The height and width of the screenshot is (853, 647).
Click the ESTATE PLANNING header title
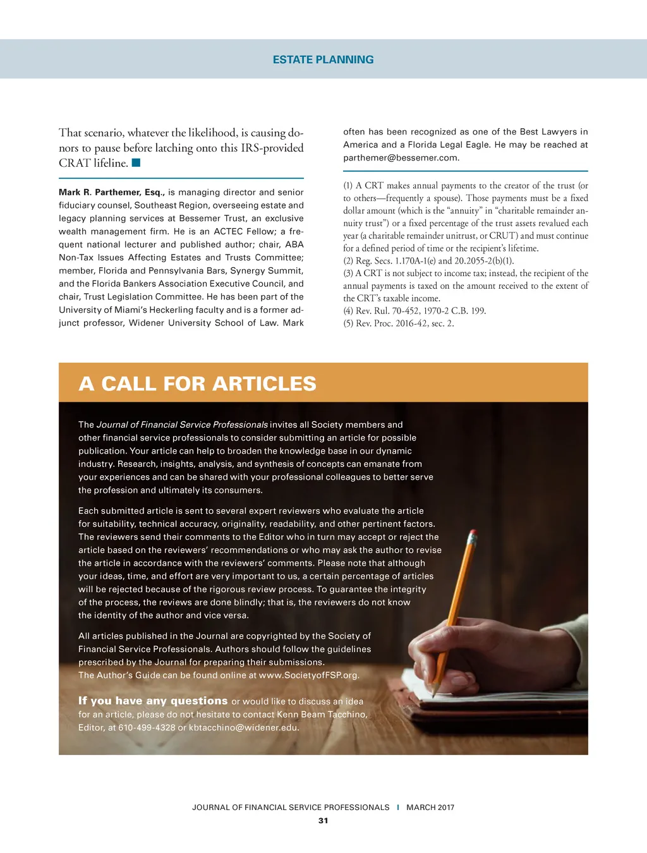tap(323, 59)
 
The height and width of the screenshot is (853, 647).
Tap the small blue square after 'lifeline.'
tap(136, 163)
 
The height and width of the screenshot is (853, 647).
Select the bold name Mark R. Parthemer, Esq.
tap(112, 192)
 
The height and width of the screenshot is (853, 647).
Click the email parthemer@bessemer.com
tap(401, 158)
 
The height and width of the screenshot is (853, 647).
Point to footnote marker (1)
tap(348, 186)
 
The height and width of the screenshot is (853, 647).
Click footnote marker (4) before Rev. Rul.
tap(348, 311)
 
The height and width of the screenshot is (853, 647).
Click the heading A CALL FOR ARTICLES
tap(197, 384)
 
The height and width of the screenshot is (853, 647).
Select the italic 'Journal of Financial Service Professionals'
tap(182, 425)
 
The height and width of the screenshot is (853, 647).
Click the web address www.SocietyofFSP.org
tap(308, 675)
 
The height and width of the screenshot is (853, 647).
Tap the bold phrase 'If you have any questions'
tap(153, 701)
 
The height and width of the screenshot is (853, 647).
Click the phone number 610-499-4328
tap(147, 727)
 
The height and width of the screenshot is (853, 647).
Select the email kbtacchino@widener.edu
tap(244, 727)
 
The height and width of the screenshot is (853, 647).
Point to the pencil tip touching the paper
tap(433, 691)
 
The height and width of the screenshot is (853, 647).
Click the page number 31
tap(323, 821)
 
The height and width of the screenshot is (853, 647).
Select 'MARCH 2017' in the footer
tap(430, 808)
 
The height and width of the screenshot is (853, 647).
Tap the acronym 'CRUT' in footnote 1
tap(503, 236)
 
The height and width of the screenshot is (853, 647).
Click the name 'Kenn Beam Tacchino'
tap(322, 714)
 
